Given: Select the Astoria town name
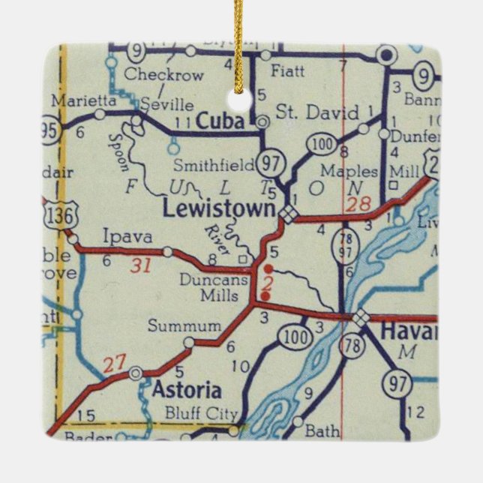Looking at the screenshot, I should click(x=187, y=391).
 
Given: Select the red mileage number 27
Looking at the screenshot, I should click(x=114, y=365).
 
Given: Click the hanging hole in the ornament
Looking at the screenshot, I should click(x=241, y=101).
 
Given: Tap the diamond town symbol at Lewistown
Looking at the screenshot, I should click(x=288, y=215).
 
